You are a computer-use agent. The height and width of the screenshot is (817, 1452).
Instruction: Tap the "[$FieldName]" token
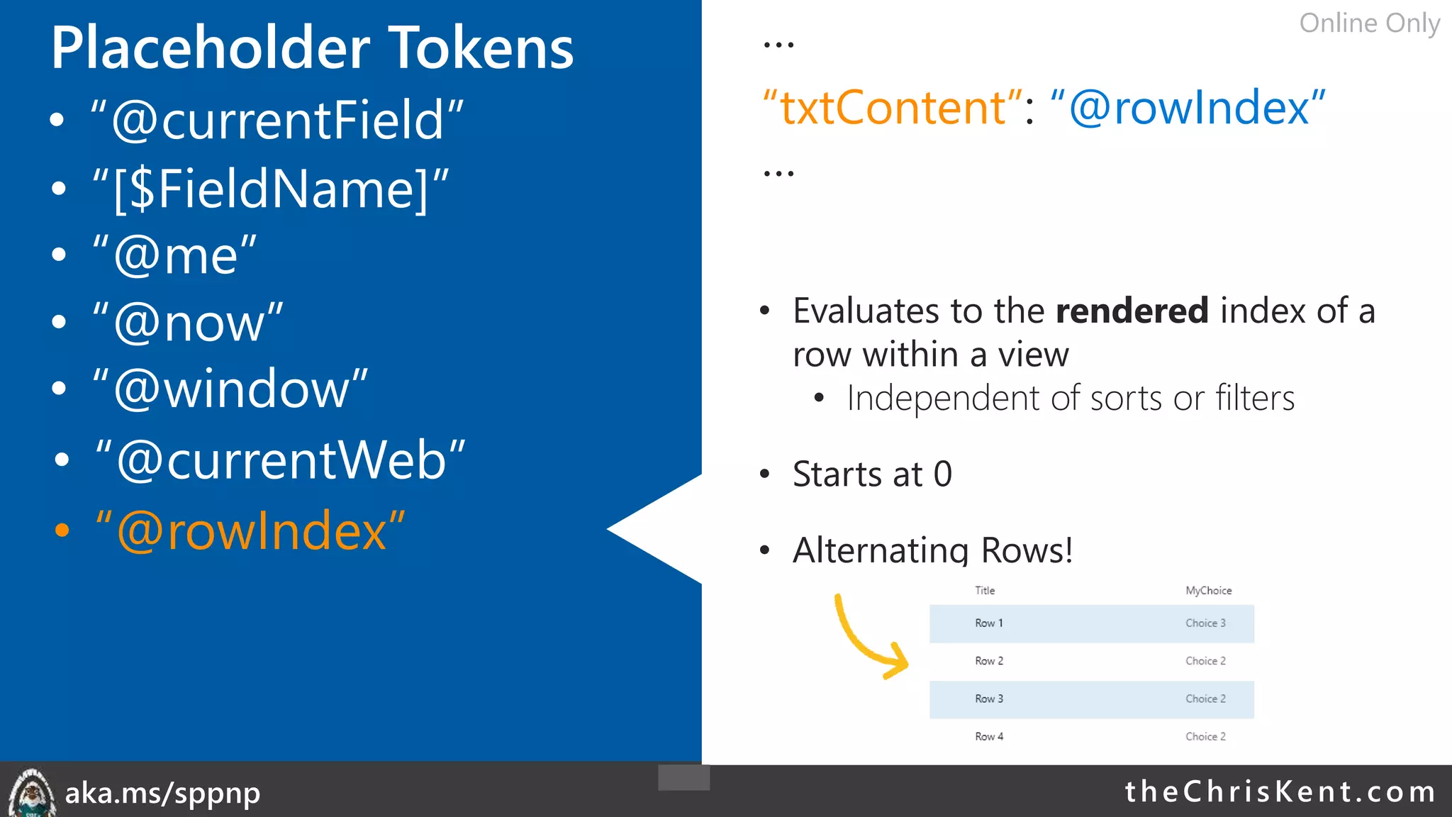pos(271,189)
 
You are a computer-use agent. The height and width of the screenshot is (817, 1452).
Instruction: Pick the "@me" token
pos(174,255)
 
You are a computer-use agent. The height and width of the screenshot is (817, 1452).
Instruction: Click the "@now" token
pos(188,323)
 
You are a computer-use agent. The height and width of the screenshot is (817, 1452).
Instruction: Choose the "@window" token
pos(230,389)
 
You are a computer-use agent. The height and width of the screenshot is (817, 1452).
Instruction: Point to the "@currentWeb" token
pos(280,460)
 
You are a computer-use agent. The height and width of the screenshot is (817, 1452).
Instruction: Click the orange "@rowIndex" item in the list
pos(250,531)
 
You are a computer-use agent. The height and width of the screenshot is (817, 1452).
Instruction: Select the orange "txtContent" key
pos(892,108)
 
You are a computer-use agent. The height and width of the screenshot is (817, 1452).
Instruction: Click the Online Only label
pos(1369,23)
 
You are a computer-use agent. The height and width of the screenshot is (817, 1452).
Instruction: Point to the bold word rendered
pos(1132,311)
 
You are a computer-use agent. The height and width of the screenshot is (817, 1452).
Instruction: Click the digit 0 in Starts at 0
pos(943,474)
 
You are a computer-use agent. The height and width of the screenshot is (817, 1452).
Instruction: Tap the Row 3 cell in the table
pos(989,699)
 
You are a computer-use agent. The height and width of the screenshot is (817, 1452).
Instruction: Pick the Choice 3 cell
pos(1205,623)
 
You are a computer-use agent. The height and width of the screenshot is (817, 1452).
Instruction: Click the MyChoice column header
pos(1208,591)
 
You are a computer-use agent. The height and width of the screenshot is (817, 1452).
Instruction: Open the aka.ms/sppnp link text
pos(162,793)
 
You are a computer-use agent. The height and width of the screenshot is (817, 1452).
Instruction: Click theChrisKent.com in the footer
pos(1280,791)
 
